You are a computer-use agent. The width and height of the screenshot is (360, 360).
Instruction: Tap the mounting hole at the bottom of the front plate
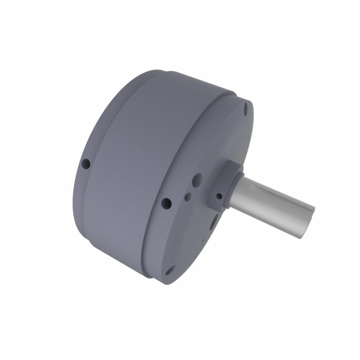[170, 271]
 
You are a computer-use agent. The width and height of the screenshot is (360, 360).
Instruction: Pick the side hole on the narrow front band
[167, 204]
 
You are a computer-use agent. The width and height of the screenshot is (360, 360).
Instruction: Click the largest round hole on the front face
[197, 181]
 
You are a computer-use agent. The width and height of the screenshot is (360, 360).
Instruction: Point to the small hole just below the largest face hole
[188, 197]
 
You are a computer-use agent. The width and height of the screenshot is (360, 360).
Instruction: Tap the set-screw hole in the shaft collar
[219, 196]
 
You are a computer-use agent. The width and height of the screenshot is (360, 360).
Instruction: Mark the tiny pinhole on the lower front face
[203, 241]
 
